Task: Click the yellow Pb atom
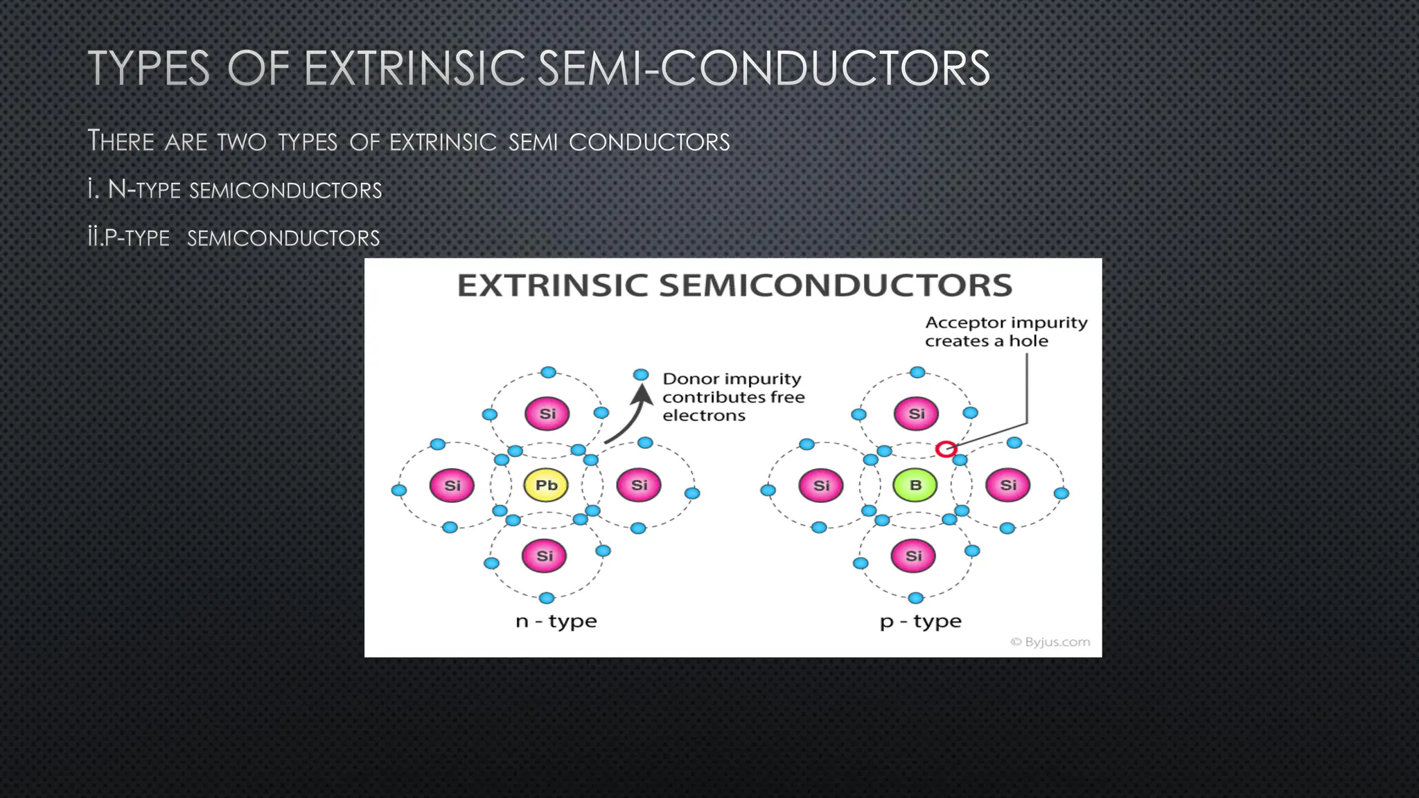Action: tap(546, 485)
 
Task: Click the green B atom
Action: tap(915, 485)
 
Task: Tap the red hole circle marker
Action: tap(946, 449)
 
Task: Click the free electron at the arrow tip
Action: tap(641, 375)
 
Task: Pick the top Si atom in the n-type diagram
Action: tap(547, 414)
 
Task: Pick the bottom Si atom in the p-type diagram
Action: tap(914, 556)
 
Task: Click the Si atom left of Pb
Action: tap(452, 485)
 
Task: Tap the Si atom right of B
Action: tap(1008, 485)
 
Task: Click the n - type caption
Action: tap(556, 621)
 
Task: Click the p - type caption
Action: tap(920, 621)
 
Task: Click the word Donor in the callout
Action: tap(689, 379)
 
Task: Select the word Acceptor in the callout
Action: tap(955, 323)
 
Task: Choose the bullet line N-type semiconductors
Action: tap(236, 189)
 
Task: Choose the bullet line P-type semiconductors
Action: tap(234, 238)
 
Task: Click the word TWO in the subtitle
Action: tap(241, 141)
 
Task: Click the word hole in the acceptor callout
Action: tap(1028, 341)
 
